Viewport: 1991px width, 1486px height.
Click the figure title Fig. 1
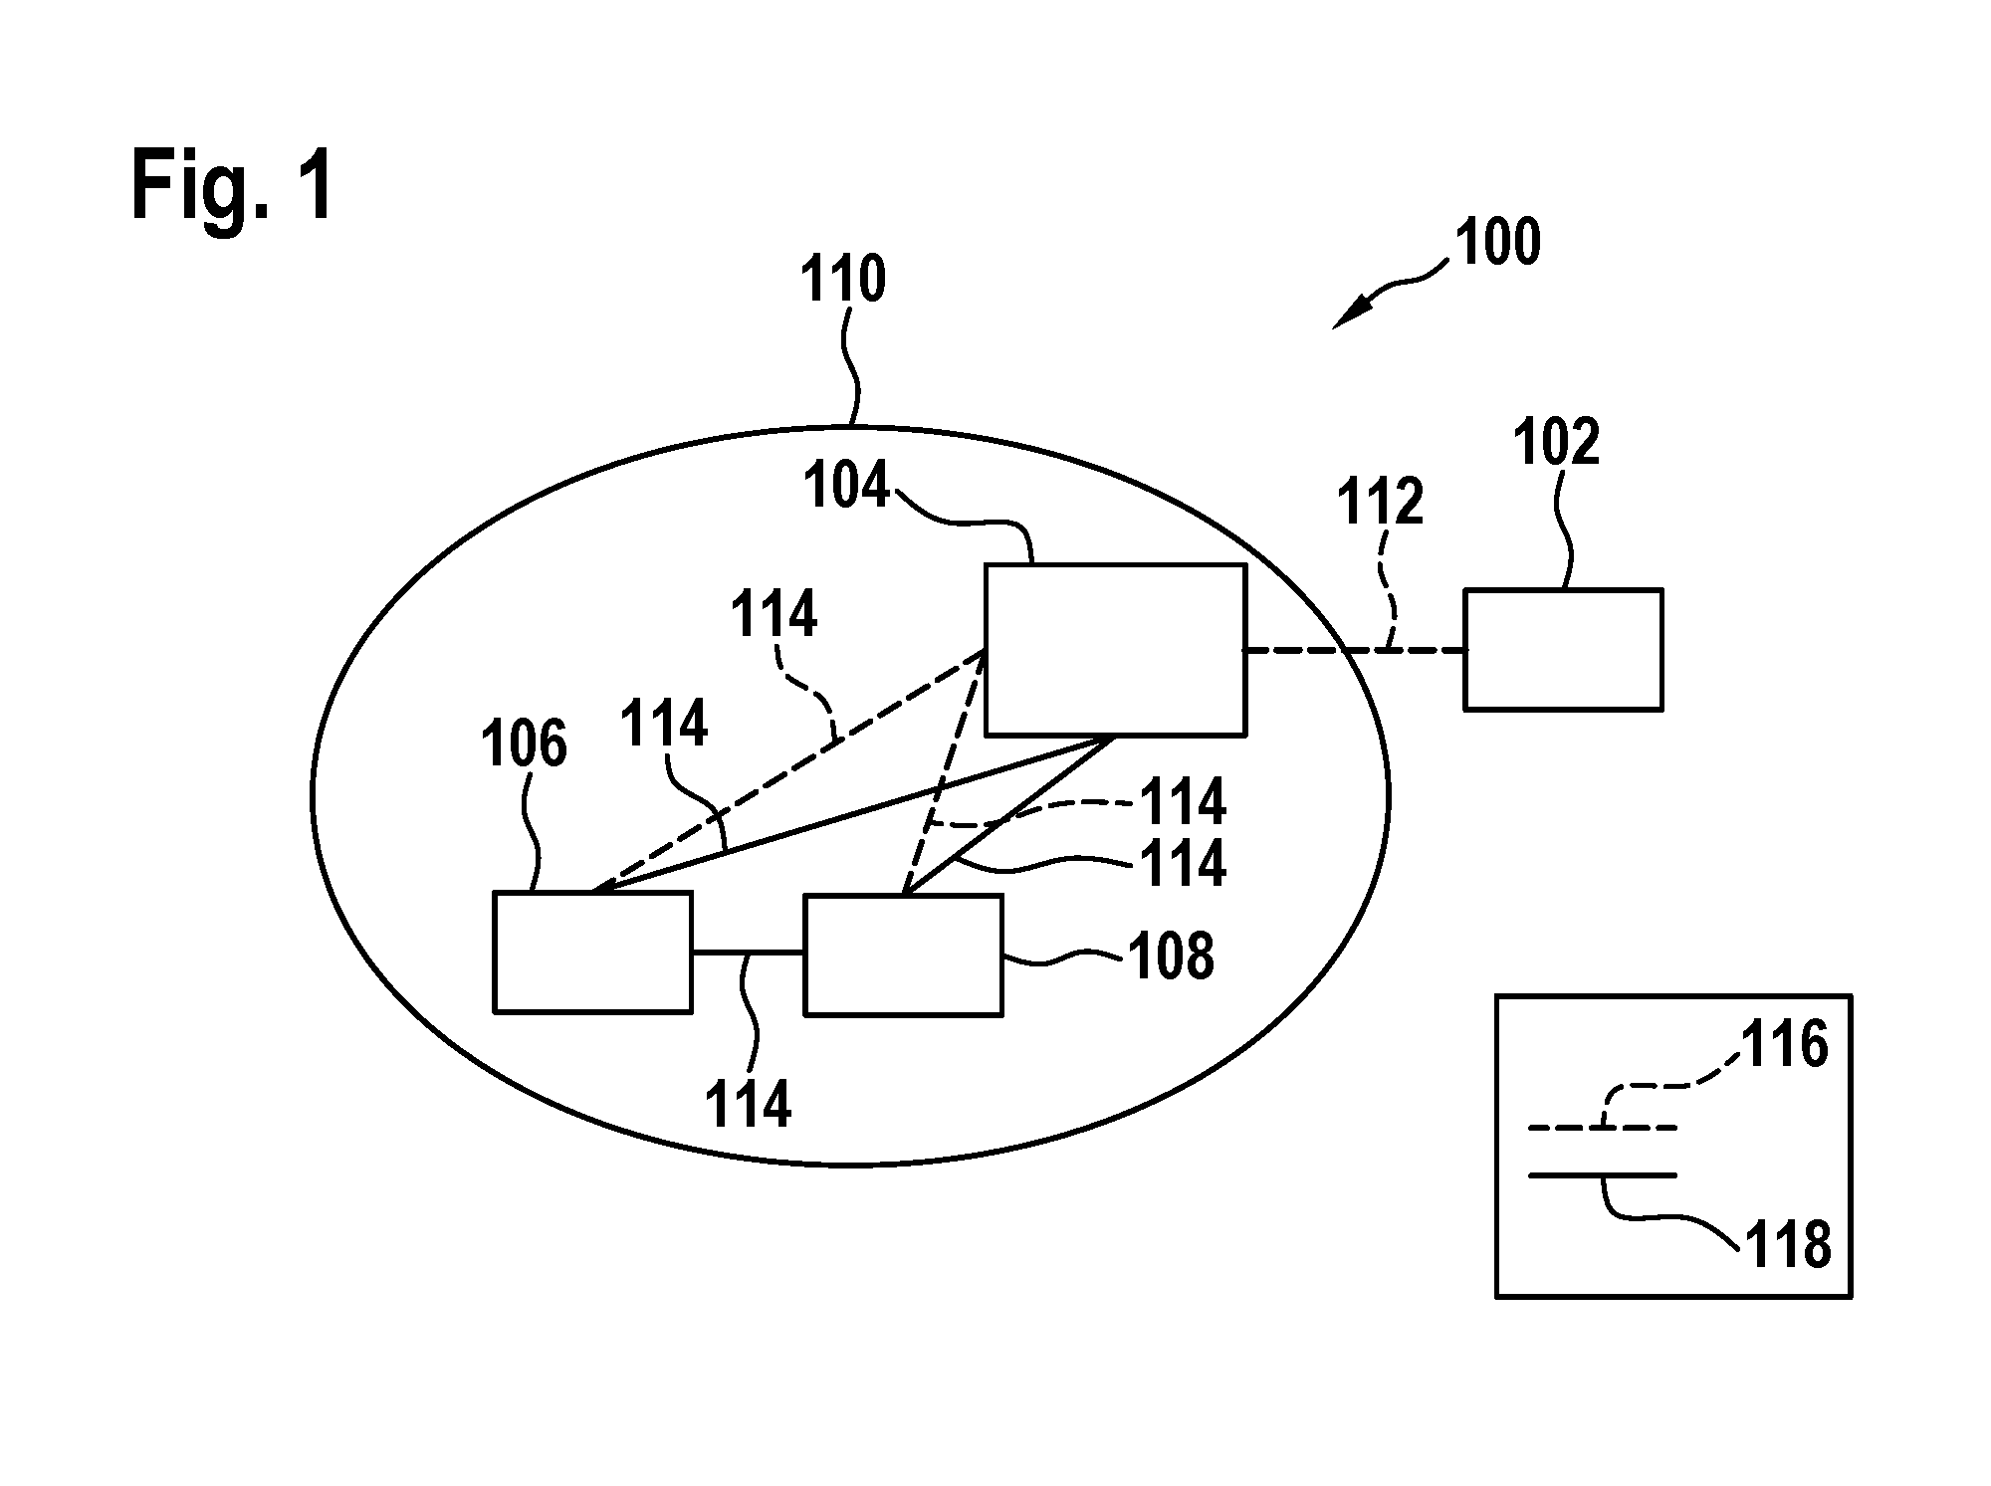(232, 187)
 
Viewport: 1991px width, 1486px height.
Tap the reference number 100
(1497, 242)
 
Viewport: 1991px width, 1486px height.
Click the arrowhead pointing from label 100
(1349, 315)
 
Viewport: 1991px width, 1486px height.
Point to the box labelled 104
(1115, 650)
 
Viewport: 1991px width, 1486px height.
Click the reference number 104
(846, 487)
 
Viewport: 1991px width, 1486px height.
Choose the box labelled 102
(1563, 649)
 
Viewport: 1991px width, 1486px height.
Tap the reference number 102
(1556, 442)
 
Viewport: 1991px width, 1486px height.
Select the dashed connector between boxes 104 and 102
(1355, 650)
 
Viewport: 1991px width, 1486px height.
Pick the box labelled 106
(593, 952)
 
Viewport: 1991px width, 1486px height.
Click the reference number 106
(524, 743)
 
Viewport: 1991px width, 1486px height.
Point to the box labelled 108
(903, 955)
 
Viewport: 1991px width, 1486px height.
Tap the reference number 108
(1171, 956)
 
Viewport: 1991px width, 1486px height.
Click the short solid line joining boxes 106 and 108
(748, 953)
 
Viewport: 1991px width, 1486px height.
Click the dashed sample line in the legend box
(1603, 1128)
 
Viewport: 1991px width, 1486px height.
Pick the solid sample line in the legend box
(1603, 1175)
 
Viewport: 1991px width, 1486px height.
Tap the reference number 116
(1784, 1044)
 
